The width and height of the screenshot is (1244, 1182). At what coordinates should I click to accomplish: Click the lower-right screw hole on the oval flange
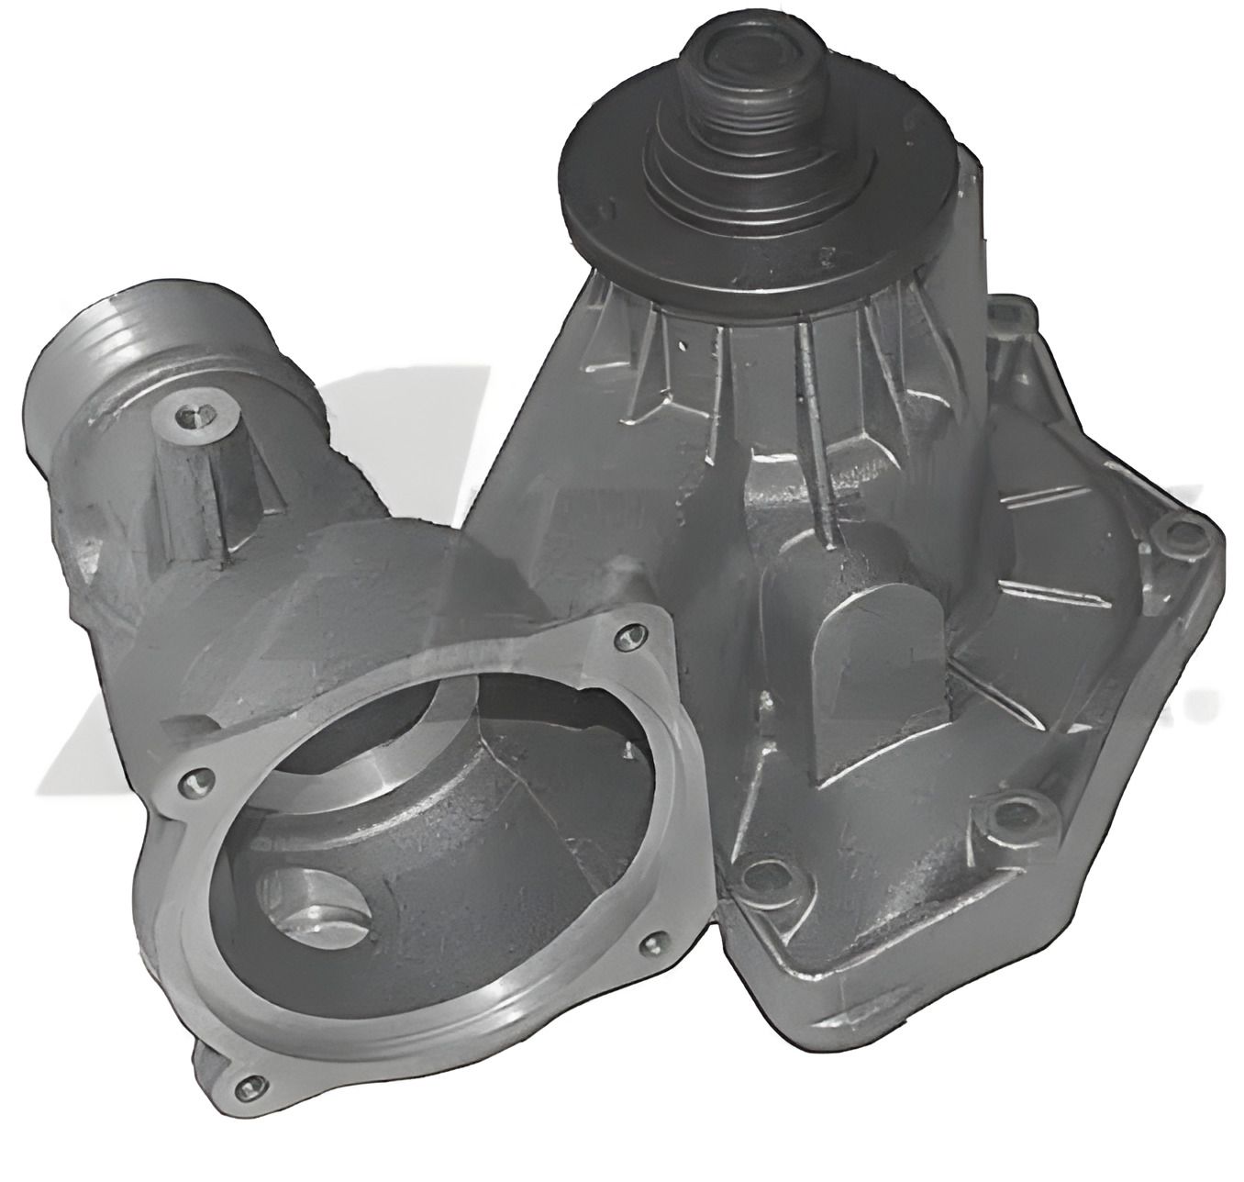(x=654, y=942)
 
